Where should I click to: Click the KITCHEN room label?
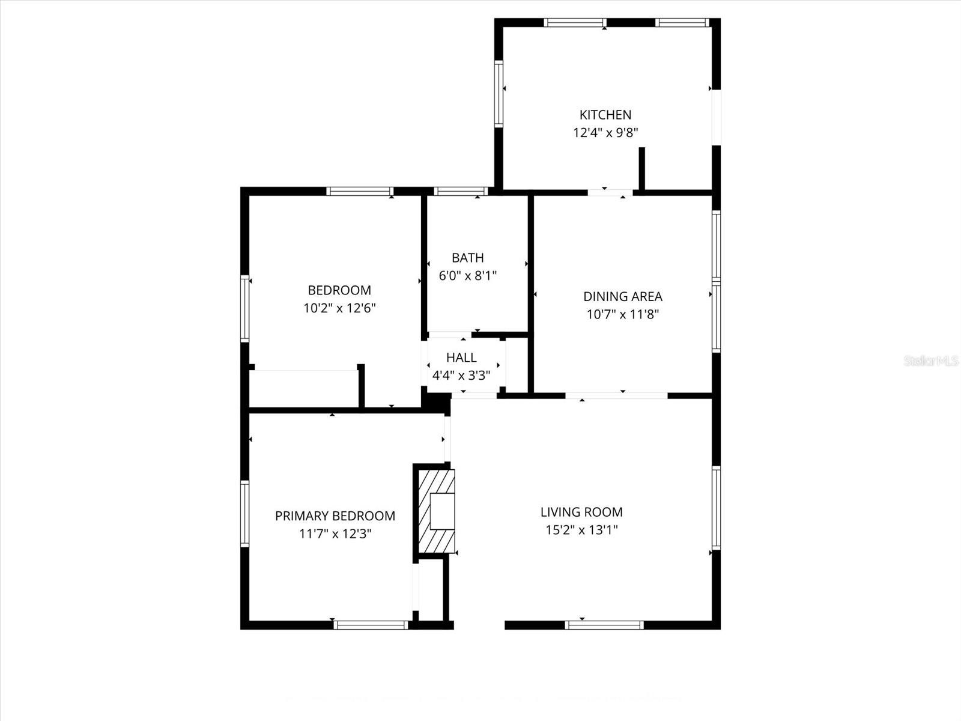pyautogui.click(x=605, y=115)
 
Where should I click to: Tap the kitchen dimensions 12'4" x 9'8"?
pyautogui.click(x=605, y=133)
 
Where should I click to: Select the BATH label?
pyautogui.click(x=467, y=258)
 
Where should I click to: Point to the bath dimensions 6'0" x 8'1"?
pyautogui.click(x=467, y=276)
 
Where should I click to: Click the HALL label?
pyautogui.click(x=461, y=357)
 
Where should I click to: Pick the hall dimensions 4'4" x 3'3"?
pyautogui.click(x=461, y=376)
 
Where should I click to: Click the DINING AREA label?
pyautogui.click(x=623, y=296)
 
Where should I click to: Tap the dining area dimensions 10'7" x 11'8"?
pyautogui.click(x=623, y=314)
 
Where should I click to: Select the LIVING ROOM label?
pyautogui.click(x=581, y=512)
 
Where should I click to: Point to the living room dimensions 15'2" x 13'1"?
pyautogui.click(x=581, y=530)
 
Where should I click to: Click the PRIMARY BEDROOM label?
pyautogui.click(x=335, y=516)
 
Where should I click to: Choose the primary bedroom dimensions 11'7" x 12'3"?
pyautogui.click(x=335, y=534)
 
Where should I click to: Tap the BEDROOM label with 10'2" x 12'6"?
pyautogui.click(x=339, y=290)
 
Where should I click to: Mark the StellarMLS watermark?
pyautogui.click(x=931, y=361)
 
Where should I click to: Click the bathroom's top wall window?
pyautogui.click(x=461, y=192)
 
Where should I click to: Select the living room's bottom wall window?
pyautogui.click(x=604, y=625)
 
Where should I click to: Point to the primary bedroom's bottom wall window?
pyautogui.click(x=371, y=625)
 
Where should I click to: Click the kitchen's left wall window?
pyautogui.click(x=499, y=94)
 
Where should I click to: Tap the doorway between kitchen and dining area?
pyautogui.click(x=610, y=192)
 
